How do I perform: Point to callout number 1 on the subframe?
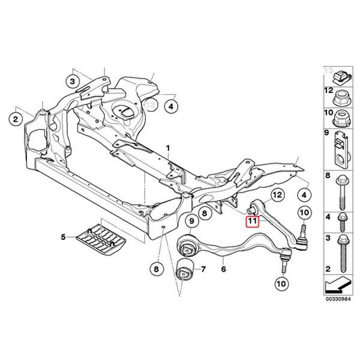[x=169, y=147]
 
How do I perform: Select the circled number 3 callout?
[x=73, y=80]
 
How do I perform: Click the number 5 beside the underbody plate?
[x=63, y=238]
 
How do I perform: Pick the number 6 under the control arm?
[x=223, y=271]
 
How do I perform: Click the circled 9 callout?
[x=191, y=221]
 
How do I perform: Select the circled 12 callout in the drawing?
[x=277, y=195]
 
